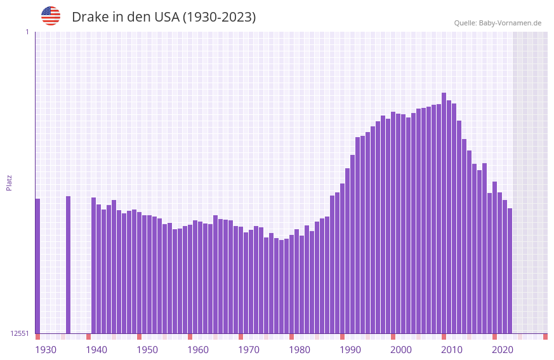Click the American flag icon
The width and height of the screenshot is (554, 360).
pyautogui.click(x=51, y=16)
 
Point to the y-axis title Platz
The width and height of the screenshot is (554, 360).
pyautogui.click(x=9, y=182)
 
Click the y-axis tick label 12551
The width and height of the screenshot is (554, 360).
pyautogui.click(x=20, y=333)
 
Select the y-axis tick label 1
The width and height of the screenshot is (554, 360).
pyautogui.click(x=27, y=32)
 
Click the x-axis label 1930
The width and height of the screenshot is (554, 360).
pyautogui.click(x=46, y=350)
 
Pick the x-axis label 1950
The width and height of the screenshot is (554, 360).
pyautogui.click(x=147, y=350)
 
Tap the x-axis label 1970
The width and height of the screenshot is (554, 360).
pyautogui.click(x=249, y=350)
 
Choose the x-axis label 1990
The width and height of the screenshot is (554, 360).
pyautogui.click(x=350, y=350)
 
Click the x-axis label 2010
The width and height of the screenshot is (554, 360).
pyautogui.click(x=452, y=350)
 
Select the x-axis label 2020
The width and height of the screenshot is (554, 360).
pyautogui.click(x=503, y=350)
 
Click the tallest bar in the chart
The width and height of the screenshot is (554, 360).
pyautogui.click(x=444, y=213)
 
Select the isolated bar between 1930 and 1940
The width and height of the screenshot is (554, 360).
pyautogui.click(x=69, y=264)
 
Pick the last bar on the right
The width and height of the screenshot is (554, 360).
pyautogui.click(x=510, y=270)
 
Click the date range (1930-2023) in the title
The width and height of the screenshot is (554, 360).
pyautogui.click(x=219, y=17)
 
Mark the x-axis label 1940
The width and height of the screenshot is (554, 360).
pyautogui.click(x=96, y=350)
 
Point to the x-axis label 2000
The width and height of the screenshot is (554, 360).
pyautogui.click(x=401, y=350)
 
